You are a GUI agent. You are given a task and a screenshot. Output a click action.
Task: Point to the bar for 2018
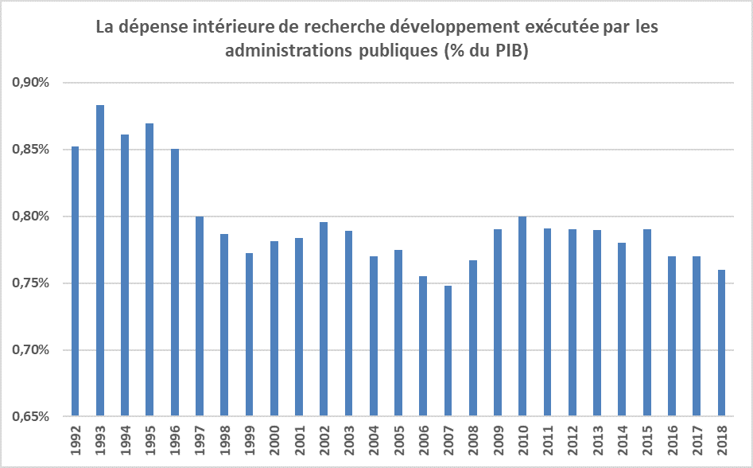tap(720, 342)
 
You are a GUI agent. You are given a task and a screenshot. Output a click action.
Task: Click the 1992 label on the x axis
tap(76, 439)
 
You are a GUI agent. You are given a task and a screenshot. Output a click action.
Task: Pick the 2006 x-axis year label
tap(423, 439)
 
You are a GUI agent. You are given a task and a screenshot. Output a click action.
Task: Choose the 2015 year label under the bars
tap(646, 439)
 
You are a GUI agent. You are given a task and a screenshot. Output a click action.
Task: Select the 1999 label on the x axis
tap(250, 439)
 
